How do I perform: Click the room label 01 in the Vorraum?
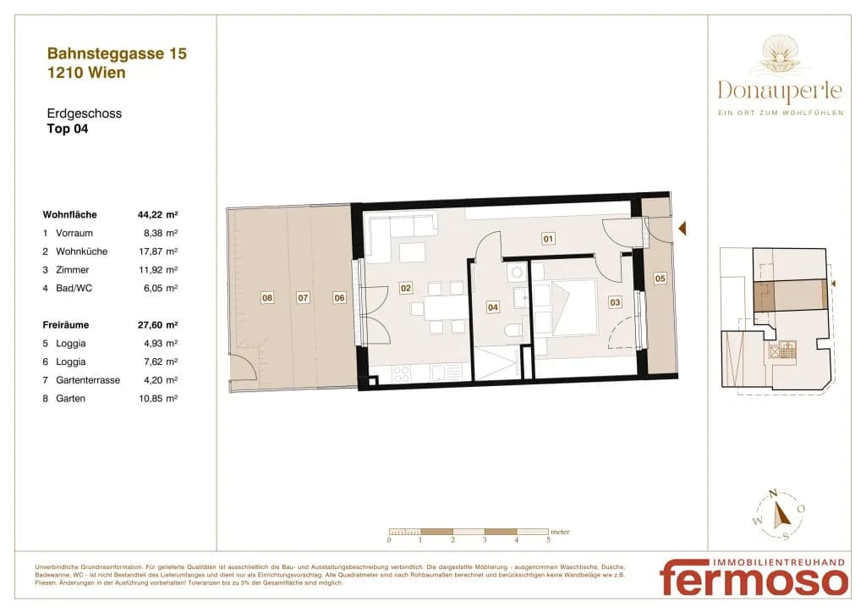(548, 239)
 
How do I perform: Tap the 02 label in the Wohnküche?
(405, 288)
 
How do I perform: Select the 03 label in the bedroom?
(615, 302)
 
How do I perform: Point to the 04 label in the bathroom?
(493, 307)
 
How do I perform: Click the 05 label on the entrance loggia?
(660, 279)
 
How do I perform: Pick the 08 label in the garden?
(267, 298)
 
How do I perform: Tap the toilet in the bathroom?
(513, 330)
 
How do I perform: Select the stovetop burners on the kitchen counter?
(402, 373)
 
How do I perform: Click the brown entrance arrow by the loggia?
(682, 228)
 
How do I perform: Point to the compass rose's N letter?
(774, 493)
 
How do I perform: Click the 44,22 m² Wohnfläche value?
(158, 214)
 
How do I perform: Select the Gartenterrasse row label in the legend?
(88, 380)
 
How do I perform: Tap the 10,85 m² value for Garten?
(158, 399)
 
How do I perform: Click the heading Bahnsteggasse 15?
(117, 53)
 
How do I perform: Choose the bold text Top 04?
(68, 129)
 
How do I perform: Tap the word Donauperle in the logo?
(780, 91)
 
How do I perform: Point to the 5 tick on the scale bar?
(548, 540)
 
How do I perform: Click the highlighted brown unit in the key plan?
(791, 295)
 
